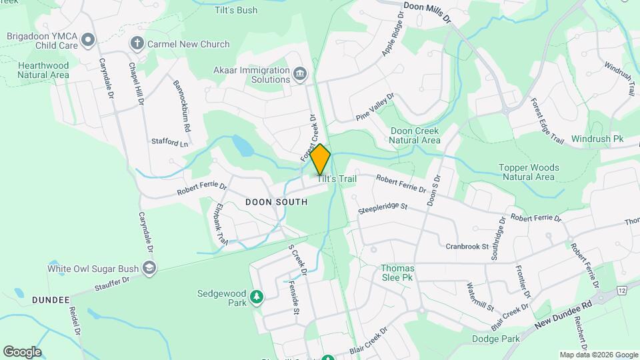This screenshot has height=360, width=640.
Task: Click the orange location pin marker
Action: [320, 159]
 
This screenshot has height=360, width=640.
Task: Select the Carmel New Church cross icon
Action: [137, 44]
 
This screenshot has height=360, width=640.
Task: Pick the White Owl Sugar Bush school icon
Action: [149, 269]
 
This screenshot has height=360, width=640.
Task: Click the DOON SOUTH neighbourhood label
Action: [276, 201]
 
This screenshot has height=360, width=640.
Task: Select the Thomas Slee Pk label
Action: [397, 273]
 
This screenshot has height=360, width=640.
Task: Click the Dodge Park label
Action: [497, 339]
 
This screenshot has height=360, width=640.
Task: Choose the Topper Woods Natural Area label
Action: [530, 172]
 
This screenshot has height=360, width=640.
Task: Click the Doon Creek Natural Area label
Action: [415, 135]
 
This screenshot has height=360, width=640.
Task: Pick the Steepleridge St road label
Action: [382, 207]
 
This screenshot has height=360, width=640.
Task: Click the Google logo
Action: [22, 351]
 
